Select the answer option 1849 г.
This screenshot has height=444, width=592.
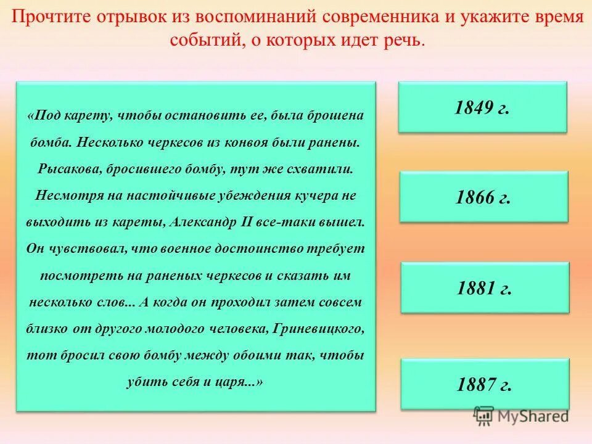click(x=482, y=107)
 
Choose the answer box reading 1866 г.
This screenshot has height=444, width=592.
click(x=483, y=197)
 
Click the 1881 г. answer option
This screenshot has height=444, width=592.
click(x=484, y=288)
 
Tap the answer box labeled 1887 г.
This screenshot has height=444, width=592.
click(x=484, y=384)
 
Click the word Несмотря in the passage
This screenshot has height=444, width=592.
click(x=63, y=195)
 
